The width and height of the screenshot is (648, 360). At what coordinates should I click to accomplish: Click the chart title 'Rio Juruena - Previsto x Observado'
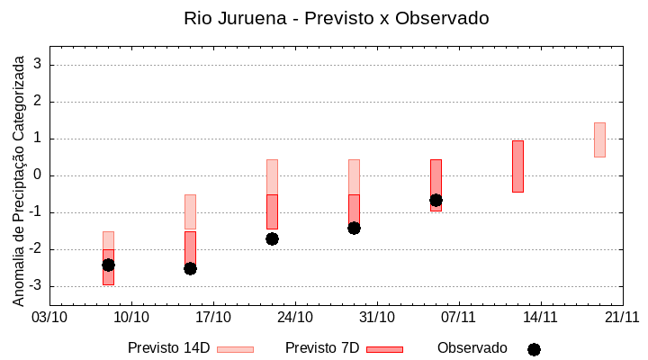coord(336,18)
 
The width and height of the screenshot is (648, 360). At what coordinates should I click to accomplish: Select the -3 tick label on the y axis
coord(36,286)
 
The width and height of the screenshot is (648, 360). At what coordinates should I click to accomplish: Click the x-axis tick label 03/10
coord(49,317)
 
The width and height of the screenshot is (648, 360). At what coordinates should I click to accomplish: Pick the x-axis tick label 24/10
coord(295,317)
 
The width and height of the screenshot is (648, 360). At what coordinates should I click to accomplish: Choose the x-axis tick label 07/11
coord(459,317)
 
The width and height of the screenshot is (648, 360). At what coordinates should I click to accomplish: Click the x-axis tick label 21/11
coord(622,317)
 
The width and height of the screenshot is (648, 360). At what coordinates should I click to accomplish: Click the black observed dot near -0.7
coord(436,200)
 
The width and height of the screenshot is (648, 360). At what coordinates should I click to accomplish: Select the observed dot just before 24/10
coord(272,238)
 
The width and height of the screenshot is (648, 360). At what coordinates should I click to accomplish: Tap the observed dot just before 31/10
coord(354,228)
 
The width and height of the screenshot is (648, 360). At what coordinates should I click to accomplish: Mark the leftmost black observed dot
coord(108,265)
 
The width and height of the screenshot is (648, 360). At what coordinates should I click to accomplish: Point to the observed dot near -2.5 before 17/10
coord(190,268)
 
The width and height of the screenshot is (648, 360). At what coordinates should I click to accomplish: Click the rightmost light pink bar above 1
coord(599,139)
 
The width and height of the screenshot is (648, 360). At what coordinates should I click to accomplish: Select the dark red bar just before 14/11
coord(517,166)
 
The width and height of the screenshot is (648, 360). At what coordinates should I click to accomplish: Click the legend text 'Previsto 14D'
coord(168,347)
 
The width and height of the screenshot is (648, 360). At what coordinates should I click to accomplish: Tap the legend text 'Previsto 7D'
coord(322,347)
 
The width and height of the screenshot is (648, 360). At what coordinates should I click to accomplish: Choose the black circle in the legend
coord(534,349)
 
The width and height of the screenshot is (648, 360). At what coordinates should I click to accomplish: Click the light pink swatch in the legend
coord(236,349)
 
